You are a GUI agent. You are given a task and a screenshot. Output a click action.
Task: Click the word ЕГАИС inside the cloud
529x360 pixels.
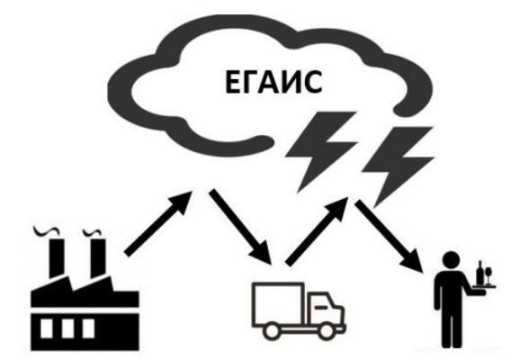(273, 82)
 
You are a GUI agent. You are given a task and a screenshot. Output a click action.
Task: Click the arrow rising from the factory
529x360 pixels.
(158, 222)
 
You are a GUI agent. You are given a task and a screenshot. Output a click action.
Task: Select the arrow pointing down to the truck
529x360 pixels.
(240, 227)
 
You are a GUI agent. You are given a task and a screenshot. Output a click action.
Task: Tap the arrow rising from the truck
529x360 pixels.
(317, 232)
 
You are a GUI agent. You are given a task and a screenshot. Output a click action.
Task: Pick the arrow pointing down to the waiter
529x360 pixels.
(389, 236)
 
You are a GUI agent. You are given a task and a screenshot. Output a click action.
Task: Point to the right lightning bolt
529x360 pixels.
(398, 166)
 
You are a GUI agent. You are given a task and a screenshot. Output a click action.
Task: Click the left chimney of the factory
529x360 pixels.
(57, 258)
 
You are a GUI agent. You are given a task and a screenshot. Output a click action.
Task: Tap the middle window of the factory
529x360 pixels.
(67, 328)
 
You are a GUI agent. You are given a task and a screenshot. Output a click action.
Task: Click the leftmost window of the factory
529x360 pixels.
(47, 328)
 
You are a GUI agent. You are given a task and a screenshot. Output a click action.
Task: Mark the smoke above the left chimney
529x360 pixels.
(47, 231)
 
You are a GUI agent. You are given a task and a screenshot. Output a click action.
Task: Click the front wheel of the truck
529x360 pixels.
(326, 331)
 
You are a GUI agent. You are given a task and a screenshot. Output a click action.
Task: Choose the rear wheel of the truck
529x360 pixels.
(272, 331)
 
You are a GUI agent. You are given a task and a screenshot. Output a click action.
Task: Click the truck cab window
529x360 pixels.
(321, 304)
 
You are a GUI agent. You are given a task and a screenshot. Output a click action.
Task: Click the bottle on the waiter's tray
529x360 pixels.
(480, 273)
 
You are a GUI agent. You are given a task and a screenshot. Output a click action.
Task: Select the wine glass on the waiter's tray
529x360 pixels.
(488, 275)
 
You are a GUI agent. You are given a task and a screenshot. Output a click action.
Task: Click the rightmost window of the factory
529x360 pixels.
(88, 328)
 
